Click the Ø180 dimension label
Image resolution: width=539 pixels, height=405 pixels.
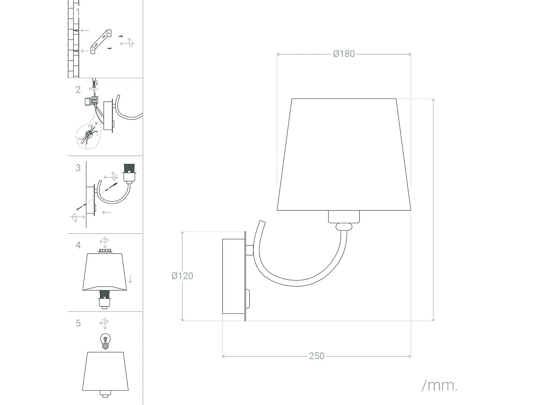coord(344,54)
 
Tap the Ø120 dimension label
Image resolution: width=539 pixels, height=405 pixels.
coord(182,276)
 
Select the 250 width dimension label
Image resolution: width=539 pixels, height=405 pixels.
coord(316,356)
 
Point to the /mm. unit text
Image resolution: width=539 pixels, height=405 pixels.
coord(439,386)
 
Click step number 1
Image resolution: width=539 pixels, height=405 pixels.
coord(78,12)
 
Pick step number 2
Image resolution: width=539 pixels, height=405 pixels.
coord(78,89)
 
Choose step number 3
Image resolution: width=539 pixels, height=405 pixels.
coord(78,167)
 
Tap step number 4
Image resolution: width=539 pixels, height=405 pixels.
coord(78,245)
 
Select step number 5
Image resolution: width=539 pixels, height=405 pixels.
coord(78,323)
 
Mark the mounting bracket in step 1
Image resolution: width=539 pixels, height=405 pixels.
coord(101,42)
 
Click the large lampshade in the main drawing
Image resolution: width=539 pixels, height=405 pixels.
coord(344,155)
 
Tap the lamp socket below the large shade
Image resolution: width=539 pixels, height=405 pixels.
coord(344,217)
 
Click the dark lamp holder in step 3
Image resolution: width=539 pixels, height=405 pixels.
coord(129,168)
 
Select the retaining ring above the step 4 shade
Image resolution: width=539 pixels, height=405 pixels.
coord(105,251)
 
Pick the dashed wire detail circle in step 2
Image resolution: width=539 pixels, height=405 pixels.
coord(88,136)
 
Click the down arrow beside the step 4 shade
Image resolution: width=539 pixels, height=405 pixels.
coord(130,278)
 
